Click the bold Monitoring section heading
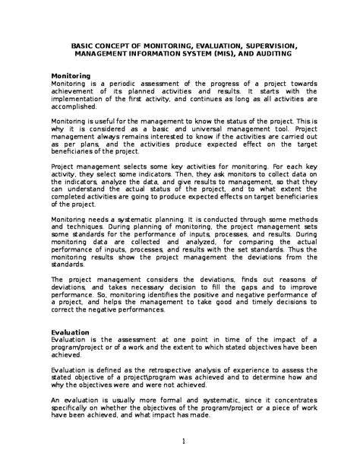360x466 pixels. [x=70, y=76]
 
